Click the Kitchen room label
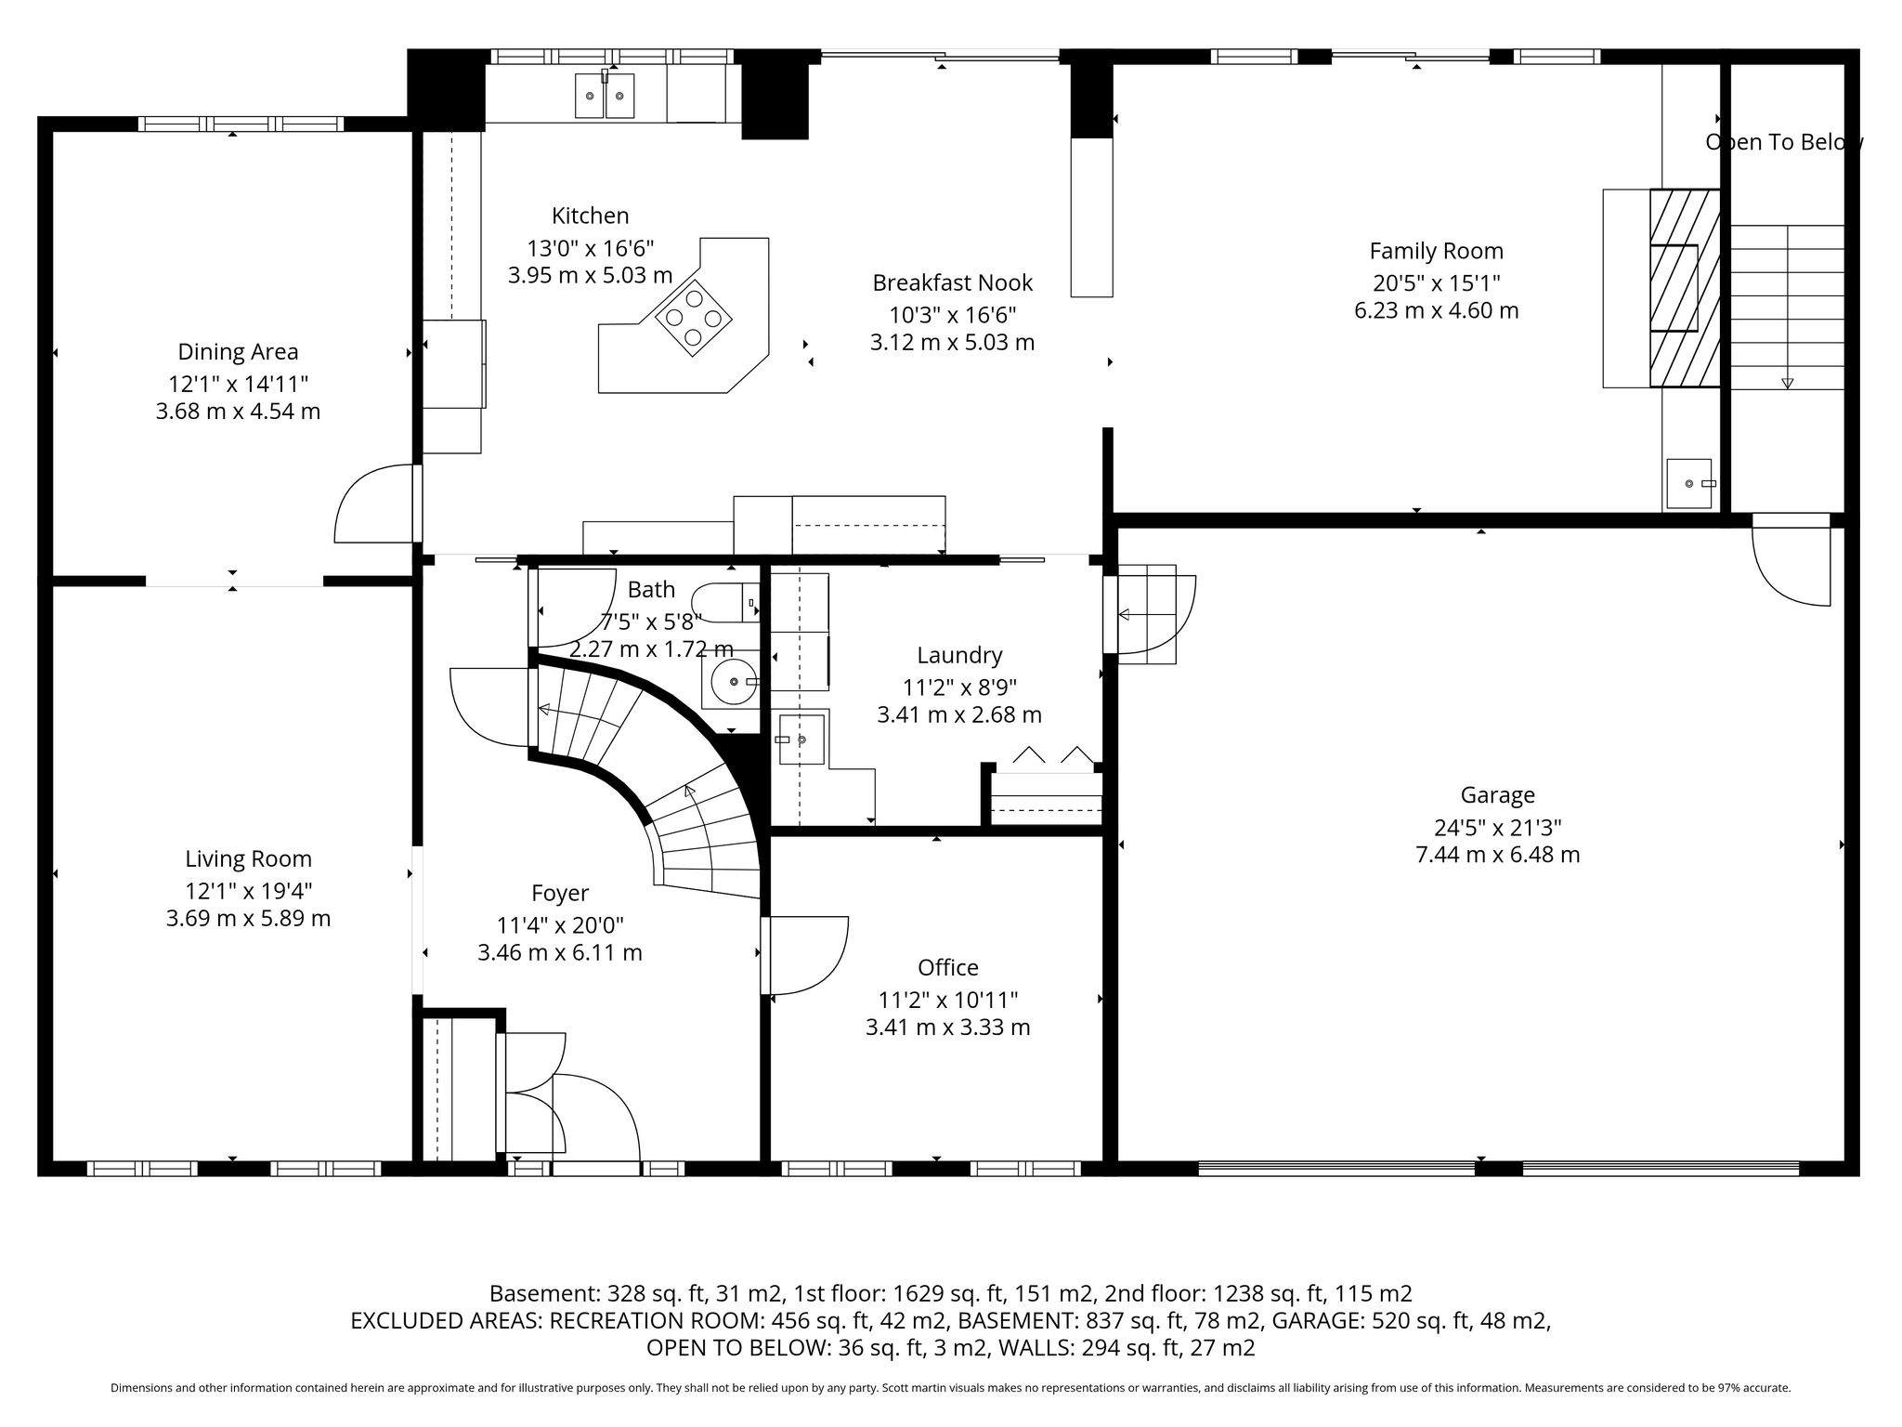tap(590, 216)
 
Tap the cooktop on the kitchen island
tap(694, 319)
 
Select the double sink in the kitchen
tap(605, 96)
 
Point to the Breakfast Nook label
tap(952, 282)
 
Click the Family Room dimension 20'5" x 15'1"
tap(1437, 282)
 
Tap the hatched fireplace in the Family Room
tap(1685, 288)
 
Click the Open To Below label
tap(1784, 142)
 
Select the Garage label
tap(1497, 795)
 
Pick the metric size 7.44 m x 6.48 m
tap(1497, 855)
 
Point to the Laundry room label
tap(959, 655)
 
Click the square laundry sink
tap(801, 739)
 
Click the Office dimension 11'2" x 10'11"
tap(948, 1000)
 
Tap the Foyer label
tap(560, 893)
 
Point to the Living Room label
tap(248, 859)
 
